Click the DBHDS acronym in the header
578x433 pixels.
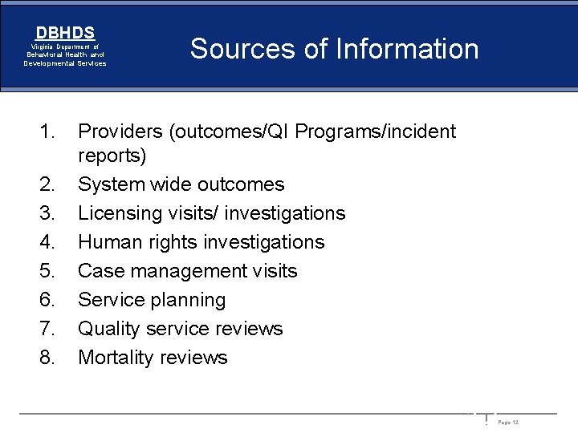[65, 33]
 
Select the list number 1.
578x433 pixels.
[47, 131]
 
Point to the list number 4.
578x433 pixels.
[47, 242]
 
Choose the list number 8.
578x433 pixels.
[47, 358]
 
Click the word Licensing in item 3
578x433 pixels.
[117, 213]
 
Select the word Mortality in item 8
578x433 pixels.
[112, 358]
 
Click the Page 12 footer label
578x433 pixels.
[508, 423]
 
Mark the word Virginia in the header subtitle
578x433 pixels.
[43, 47]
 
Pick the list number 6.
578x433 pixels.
[47, 300]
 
